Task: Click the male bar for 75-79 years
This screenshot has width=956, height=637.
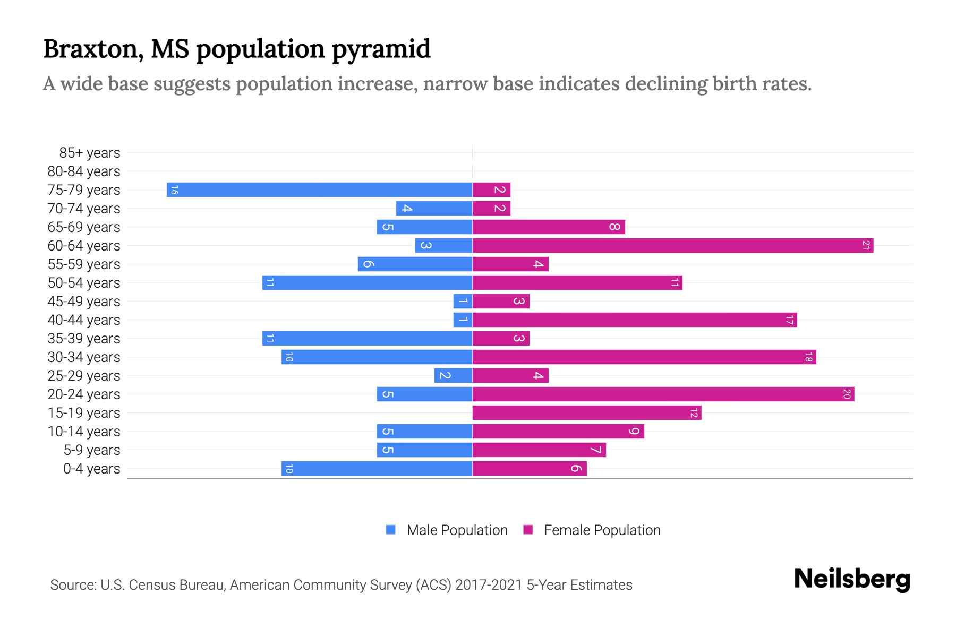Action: pyautogui.click(x=319, y=190)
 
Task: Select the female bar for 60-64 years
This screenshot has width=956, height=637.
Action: pyautogui.click(x=672, y=245)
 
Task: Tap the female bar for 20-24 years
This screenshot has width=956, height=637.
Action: pyautogui.click(x=663, y=394)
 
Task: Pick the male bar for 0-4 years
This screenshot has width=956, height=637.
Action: pyautogui.click(x=377, y=468)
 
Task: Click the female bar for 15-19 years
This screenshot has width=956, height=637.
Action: pyautogui.click(x=586, y=412)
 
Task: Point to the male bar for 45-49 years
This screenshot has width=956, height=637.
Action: pyautogui.click(x=463, y=301)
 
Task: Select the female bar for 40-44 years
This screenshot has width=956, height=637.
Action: pyautogui.click(x=634, y=320)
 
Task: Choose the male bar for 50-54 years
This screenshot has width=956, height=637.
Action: pyautogui.click(x=367, y=282)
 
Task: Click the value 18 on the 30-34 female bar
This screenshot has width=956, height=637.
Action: pyautogui.click(x=808, y=357)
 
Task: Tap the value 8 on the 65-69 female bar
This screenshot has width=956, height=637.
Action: pyautogui.click(x=614, y=227)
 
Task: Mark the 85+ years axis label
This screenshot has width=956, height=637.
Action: pyautogui.click(x=89, y=153)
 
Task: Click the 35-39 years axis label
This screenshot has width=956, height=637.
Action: pyautogui.click(x=84, y=339)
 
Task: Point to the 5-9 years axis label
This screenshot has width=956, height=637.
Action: pyautogui.click(x=91, y=450)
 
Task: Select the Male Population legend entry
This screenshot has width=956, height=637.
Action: pyautogui.click(x=457, y=530)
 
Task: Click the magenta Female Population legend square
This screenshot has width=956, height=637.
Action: pyautogui.click(x=528, y=530)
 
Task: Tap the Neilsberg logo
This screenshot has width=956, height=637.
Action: pyautogui.click(x=852, y=579)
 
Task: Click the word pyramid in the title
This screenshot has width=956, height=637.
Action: pyautogui.click(x=381, y=49)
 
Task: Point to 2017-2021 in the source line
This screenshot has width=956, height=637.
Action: pyautogui.click(x=489, y=585)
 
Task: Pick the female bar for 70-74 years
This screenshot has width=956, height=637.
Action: pyautogui.click(x=491, y=208)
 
